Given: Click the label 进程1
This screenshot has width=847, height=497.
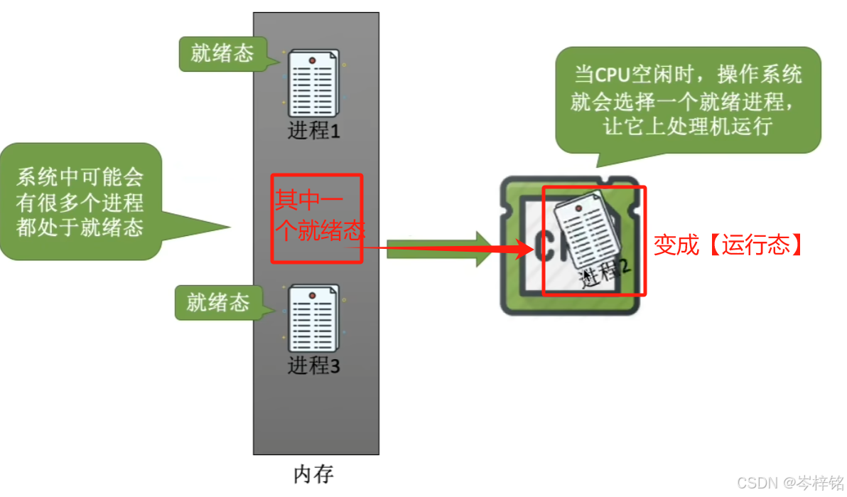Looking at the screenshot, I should [x=313, y=131].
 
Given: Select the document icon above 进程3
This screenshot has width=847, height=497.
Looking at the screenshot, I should [x=313, y=318].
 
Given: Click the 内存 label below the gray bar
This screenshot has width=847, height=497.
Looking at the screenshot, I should [x=313, y=474].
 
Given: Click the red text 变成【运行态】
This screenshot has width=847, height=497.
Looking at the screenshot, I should [x=728, y=245].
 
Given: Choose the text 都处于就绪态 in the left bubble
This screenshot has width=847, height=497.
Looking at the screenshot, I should [x=80, y=228].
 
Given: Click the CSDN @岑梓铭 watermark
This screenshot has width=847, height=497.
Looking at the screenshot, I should [x=789, y=483].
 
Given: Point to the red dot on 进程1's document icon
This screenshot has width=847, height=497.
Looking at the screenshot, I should [x=312, y=62].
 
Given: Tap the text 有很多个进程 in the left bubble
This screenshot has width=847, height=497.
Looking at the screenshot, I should [x=80, y=203].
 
